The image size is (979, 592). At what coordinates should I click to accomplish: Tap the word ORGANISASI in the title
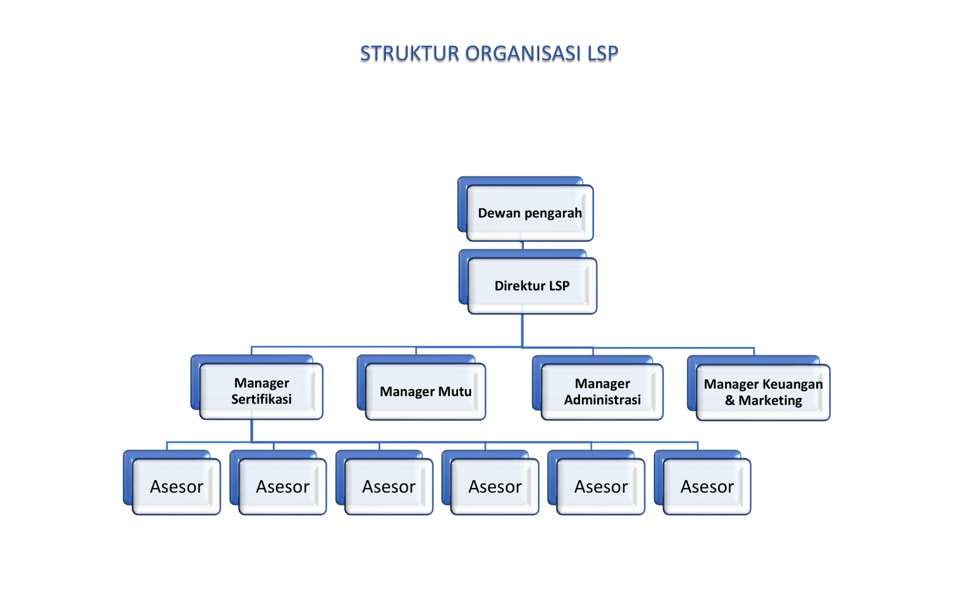pyautogui.click(x=523, y=54)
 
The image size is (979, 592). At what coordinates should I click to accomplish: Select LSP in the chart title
pyautogui.click(x=603, y=54)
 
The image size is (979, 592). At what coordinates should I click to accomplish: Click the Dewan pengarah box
pyautogui.click(x=530, y=212)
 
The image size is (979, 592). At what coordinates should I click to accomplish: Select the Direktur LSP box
pyautogui.click(x=532, y=285)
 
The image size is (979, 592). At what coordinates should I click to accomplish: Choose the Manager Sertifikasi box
pyautogui.click(x=261, y=391)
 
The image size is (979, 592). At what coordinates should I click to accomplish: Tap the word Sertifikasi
pyautogui.click(x=261, y=399)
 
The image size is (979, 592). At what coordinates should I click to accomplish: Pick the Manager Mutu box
pyautogui.click(x=425, y=392)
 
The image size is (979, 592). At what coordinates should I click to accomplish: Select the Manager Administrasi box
pyautogui.click(x=602, y=392)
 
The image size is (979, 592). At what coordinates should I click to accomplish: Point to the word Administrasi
pyautogui.click(x=602, y=400)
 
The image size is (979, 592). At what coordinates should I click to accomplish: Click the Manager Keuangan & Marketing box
pyautogui.click(x=763, y=392)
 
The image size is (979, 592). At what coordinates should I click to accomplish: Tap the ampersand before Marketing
pyautogui.click(x=730, y=400)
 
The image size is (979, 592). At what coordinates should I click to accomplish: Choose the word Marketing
pyautogui.click(x=770, y=400)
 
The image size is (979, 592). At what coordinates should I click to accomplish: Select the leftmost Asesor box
pyautogui.click(x=176, y=487)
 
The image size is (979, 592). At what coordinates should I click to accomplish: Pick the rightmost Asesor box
pyautogui.click(x=707, y=487)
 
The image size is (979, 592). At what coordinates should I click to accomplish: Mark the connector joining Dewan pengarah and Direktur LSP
pyautogui.click(x=523, y=245)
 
